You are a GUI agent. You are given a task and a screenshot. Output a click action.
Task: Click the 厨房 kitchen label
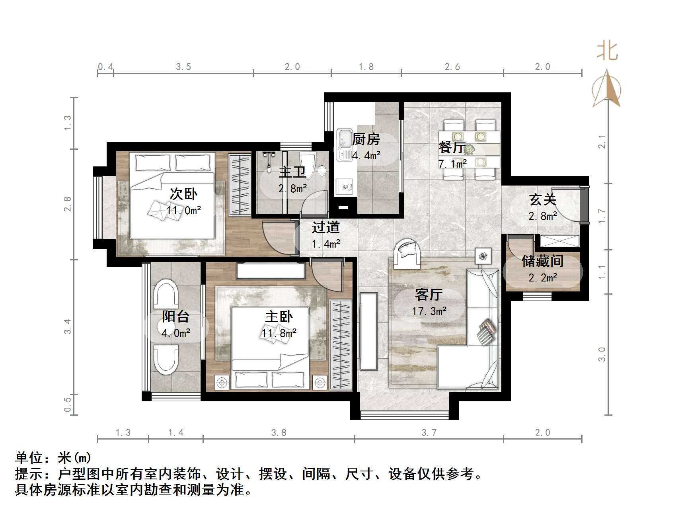click(x=366, y=139)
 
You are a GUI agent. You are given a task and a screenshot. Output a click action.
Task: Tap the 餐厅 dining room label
click(x=451, y=147)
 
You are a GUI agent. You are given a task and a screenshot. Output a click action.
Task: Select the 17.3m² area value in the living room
click(x=429, y=311)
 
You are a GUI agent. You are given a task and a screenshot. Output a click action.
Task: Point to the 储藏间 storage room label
click(x=543, y=261)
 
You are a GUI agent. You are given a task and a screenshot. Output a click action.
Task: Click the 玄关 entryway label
click(x=542, y=200)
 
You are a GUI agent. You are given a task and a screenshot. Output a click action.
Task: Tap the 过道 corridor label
click(x=325, y=227)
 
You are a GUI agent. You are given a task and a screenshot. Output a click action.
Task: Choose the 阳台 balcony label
click(x=175, y=317)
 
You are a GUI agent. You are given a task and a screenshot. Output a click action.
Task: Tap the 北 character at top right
click(x=607, y=51)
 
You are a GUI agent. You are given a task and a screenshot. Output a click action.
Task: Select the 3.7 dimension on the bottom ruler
click(x=429, y=432)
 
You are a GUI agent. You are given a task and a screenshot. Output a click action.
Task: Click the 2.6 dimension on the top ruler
click(x=452, y=67)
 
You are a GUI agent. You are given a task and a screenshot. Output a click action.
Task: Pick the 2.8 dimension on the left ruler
click(x=68, y=204)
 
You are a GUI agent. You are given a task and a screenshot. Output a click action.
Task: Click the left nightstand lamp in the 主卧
click(x=222, y=383)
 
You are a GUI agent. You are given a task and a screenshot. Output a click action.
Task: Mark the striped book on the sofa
click(x=486, y=332)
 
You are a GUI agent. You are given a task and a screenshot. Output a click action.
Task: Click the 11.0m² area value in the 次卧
click(x=184, y=210)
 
